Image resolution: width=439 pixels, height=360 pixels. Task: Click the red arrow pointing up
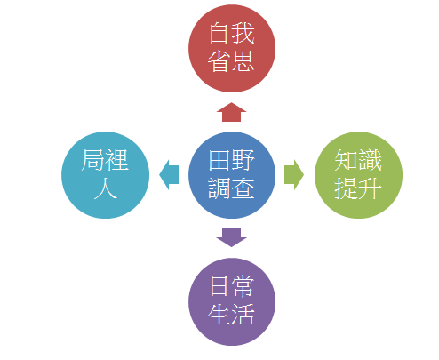[x=231, y=112]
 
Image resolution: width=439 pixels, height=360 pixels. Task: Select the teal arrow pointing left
[x=169, y=175]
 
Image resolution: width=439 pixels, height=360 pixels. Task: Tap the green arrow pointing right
[x=294, y=175]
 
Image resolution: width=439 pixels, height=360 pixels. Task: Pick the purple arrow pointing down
[x=231, y=237]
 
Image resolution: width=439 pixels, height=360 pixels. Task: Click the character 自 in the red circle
[x=219, y=34]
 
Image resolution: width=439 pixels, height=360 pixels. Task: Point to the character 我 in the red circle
[x=243, y=34]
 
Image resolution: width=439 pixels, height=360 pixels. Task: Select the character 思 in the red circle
[x=243, y=60]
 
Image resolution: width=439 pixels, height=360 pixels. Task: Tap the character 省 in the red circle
[x=219, y=60]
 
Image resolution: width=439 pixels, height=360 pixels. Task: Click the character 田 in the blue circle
[x=219, y=160]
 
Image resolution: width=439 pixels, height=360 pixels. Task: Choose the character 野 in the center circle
[x=243, y=160]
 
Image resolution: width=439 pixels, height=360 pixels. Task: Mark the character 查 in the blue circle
[x=243, y=188]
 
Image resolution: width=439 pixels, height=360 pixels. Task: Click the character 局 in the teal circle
[x=92, y=160]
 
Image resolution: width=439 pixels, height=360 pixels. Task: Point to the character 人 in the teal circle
[x=105, y=188]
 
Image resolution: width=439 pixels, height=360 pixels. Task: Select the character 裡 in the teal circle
[x=116, y=160]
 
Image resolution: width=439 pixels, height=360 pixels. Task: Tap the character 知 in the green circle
[x=347, y=160]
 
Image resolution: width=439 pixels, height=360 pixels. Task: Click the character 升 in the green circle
[x=370, y=188]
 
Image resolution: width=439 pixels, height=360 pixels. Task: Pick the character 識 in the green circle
[x=370, y=160]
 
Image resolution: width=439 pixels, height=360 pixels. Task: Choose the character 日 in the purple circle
[x=219, y=286]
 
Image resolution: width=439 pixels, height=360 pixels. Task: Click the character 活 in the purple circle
[x=243, y=314]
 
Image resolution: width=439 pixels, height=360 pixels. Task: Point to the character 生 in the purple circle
[x=219, y=314]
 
